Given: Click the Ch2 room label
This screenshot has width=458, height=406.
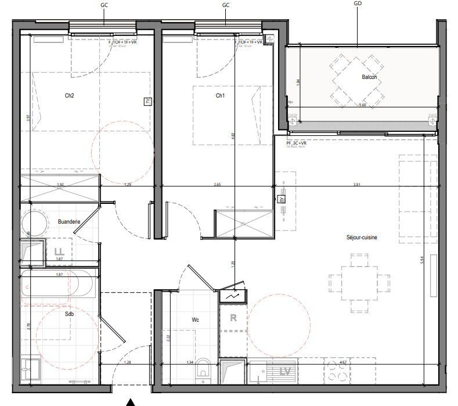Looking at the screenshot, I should [69, 96].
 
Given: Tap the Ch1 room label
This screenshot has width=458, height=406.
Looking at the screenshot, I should [220, 96].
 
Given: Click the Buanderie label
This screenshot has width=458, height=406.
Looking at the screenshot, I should [68, 221].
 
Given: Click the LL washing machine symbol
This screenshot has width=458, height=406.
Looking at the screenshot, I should [58, 252].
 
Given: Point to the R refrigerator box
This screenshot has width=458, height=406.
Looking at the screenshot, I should [233, 318].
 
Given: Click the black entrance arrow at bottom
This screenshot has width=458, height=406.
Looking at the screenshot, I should [131, 401].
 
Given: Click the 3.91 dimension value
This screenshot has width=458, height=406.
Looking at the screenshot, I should [357, 185].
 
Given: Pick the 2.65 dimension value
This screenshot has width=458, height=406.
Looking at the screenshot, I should [217, 185].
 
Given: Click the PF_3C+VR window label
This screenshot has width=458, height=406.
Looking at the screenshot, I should [296, 142].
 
